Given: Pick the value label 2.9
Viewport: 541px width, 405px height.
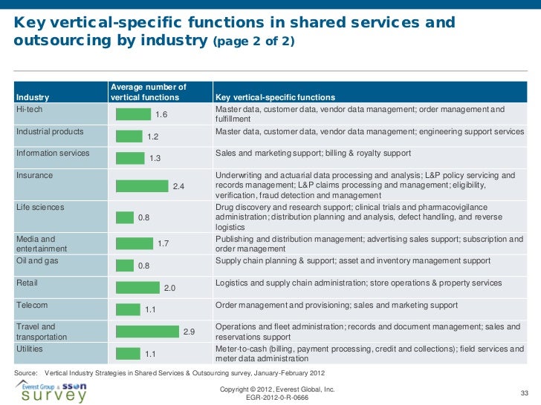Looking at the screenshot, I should coord(189,332).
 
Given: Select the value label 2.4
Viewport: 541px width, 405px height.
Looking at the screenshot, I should coord(178,186).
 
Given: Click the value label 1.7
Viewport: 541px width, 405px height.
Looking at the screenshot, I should coord(164,243).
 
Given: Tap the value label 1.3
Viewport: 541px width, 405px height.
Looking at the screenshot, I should coord(155,158).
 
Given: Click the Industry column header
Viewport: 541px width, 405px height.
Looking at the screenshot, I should coord(33,97).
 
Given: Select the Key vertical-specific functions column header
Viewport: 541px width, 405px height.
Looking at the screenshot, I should coord(274,97).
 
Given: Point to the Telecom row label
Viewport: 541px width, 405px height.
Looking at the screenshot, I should coord(32,305).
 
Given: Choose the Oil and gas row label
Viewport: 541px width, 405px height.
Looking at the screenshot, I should coord(37,261).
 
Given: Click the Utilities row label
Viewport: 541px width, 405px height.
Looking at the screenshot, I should coord(30,348).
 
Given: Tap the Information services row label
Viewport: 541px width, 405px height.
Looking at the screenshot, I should coord(53,154).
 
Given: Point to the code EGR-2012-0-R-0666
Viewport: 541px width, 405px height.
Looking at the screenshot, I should coord(276,398).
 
